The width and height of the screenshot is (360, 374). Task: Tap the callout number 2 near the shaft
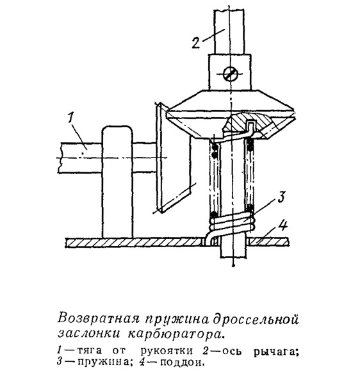pyautogui.click(x=196, y=42)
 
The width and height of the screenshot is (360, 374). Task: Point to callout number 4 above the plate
pyautogui.click(x=283, y=225)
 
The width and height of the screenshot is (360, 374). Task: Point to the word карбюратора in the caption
pyautogui.click(x=176, y=334)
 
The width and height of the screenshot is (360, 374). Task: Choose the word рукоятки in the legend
pyautogui.click(x=167, y=352)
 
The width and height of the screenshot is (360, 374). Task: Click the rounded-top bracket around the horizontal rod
pyautogui.click(x=117, y=182)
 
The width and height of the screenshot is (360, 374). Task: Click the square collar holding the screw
pyautogui.click(x=230, y=72)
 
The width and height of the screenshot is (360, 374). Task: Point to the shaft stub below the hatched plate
pyautogui.click(x=233, y=251)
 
